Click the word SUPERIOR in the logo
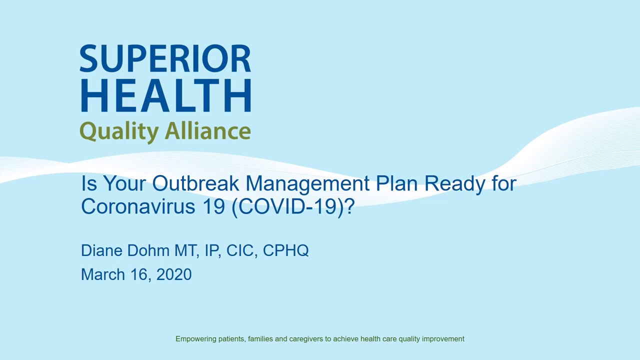[165, 59]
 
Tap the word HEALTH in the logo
[165, 95]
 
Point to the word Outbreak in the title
[196, 183]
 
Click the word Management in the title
[307, 183]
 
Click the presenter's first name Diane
[101, 250]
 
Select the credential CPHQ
[285, 250]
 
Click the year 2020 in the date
[174, 274]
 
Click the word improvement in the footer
[443, 339]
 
